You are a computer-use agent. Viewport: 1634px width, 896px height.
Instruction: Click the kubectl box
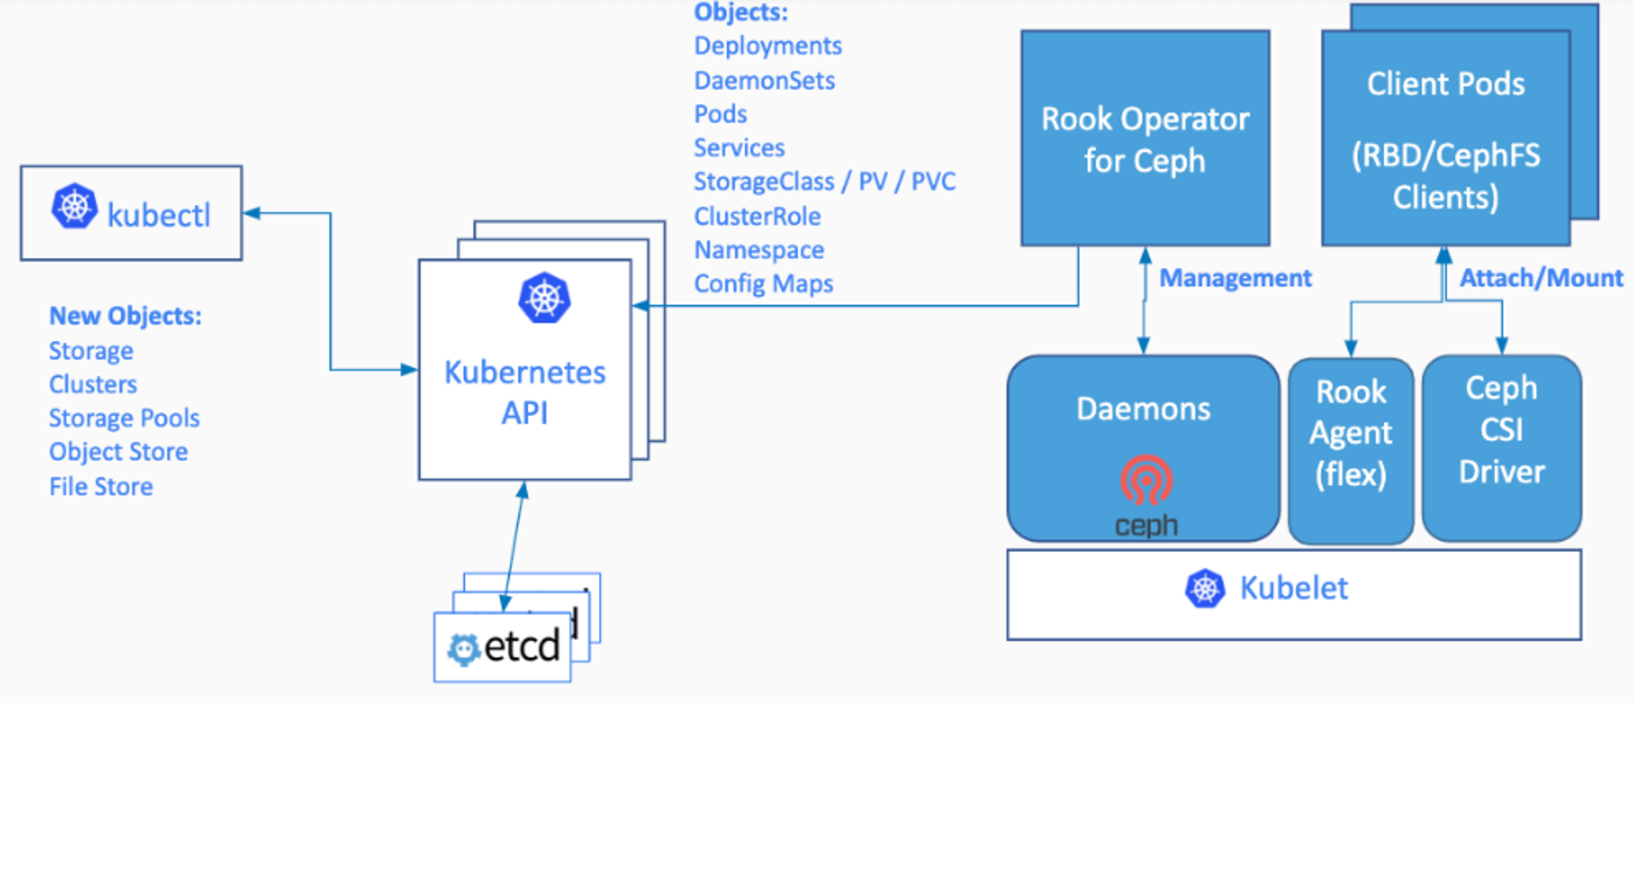pos(132,213)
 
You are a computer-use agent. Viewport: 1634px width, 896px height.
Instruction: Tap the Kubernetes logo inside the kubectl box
pos(74,206)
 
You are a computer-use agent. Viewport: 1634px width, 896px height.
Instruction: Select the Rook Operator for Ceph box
pos(1145,138)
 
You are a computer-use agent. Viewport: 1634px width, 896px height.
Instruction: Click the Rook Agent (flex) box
pos(1351,450)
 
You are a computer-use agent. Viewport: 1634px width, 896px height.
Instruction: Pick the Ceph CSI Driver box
pos(1502,448)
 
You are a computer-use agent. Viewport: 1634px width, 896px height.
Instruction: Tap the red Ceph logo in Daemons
pos(1146,480)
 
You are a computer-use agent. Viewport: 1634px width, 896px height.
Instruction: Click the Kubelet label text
pos(1294,589)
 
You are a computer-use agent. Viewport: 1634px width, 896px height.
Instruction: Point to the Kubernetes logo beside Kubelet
pos(1205,589)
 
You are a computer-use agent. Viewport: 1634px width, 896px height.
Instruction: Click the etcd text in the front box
pos(522,647)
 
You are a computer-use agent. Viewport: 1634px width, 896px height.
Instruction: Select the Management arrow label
pos(1235,278)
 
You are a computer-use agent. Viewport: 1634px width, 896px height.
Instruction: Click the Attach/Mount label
pos(1542,278)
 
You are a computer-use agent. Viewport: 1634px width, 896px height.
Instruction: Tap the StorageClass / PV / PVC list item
pos(824,181)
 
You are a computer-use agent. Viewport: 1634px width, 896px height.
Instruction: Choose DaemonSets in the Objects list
pos(765,80)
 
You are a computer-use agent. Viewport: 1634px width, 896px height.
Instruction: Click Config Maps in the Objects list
pos(764,284)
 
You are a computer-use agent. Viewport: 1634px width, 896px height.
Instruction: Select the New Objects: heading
pos(125,316)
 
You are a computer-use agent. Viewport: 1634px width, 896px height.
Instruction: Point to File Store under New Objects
pos(101,486)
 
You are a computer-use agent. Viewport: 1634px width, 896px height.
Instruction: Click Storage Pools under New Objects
pos(124,418)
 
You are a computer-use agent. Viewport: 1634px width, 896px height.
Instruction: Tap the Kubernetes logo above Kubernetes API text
pos(544,298)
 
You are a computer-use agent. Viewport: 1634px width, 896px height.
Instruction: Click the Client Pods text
pos(1446,83)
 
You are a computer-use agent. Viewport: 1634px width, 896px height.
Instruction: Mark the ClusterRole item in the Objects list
pos(757,216)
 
